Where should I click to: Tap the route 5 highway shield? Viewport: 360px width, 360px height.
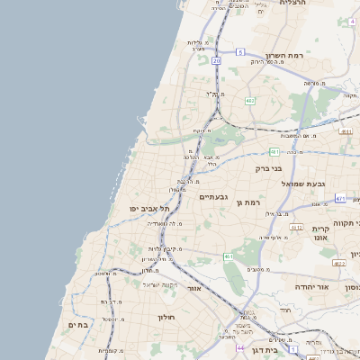click(x=240, y=52)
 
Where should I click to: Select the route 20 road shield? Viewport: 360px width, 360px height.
click(x=216, y=60)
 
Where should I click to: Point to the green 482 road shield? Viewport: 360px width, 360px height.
click(x=250, y=100)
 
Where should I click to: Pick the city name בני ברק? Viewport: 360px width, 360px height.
click(x=273, y=167)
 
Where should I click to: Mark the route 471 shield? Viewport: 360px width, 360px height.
click(x=340, y=198)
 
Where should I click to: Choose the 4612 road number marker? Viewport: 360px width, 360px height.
click(x=339, y=263)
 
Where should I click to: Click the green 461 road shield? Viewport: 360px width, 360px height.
click(x=229, y=256)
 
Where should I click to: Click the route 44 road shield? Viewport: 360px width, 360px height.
click(x=240, y=346)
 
